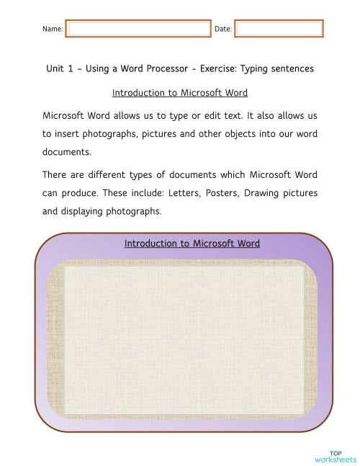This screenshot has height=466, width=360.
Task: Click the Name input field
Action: point(138,29)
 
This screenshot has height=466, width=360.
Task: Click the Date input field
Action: point(279,29)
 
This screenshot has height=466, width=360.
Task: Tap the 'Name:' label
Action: point(53,29)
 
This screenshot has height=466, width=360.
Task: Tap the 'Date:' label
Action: point(223,29)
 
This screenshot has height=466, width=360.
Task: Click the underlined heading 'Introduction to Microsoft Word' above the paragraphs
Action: point(180,93)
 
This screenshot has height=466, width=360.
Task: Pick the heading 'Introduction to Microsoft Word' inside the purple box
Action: point(192,243)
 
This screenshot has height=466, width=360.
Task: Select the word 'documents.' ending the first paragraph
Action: point(68,152)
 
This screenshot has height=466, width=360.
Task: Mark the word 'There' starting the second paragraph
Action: point(57,175)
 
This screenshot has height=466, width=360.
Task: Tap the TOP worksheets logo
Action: point(336,456)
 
